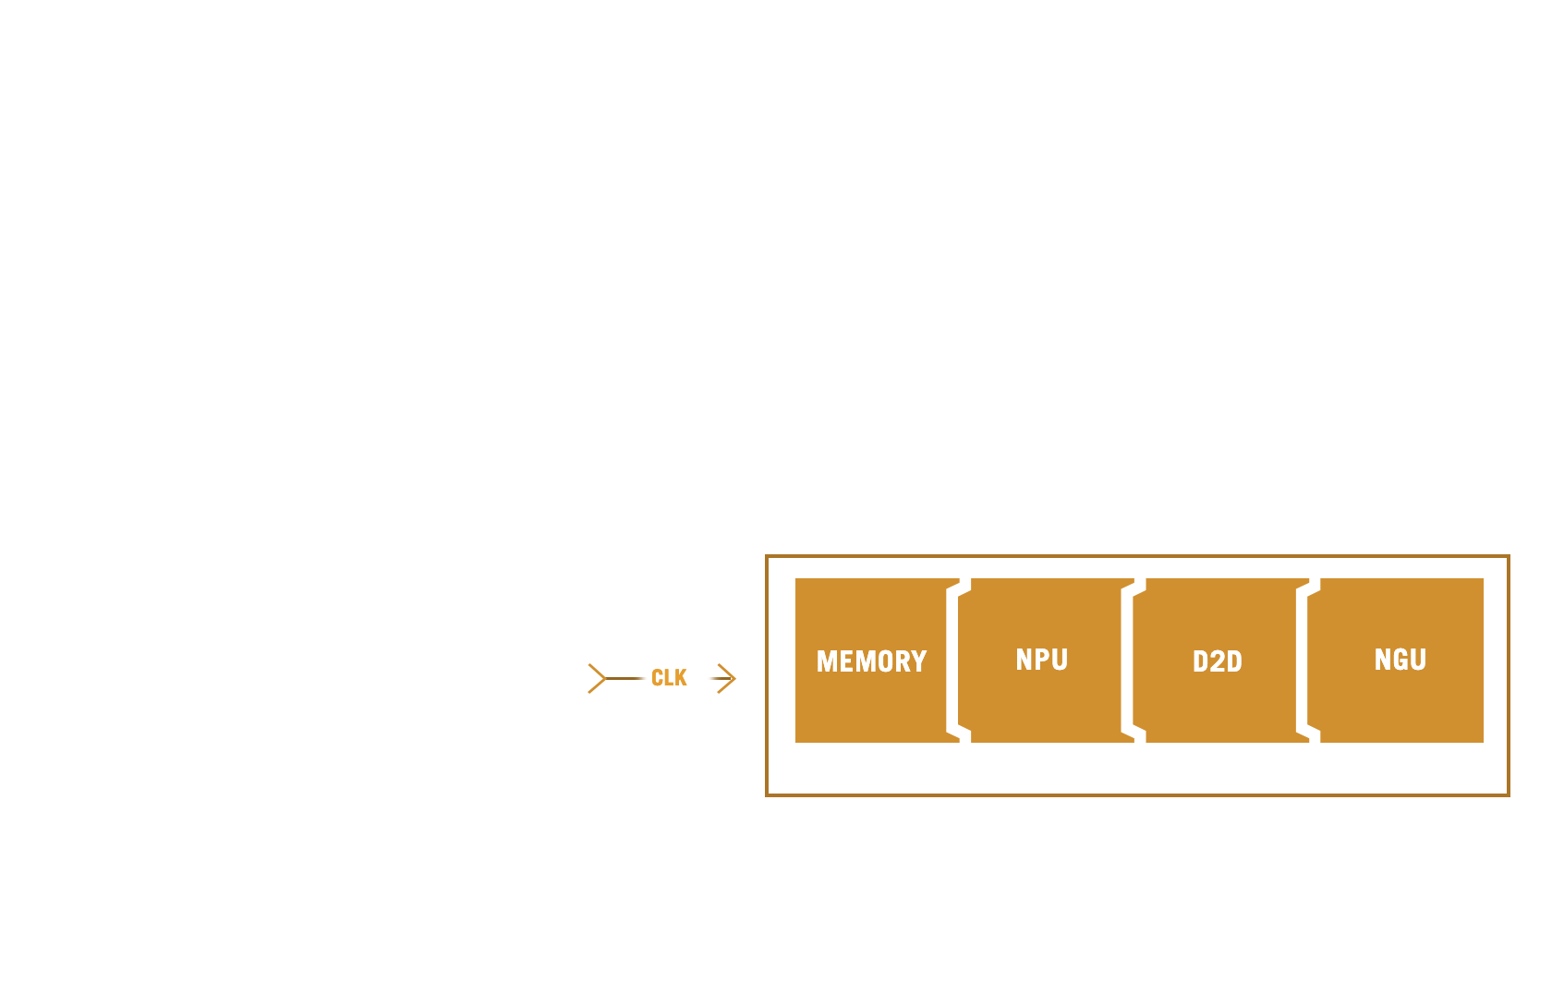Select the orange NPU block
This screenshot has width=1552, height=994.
(x=1046, y=661)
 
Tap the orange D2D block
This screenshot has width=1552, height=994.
(x=1221, y=661)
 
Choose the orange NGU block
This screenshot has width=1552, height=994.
(x=1395, y=661)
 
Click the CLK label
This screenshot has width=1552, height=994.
(x=669, y=677)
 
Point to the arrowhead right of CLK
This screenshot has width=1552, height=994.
(x=726, y=678)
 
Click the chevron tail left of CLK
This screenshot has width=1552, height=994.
(x=597, y=678)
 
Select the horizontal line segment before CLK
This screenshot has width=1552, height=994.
(x=624, y=678)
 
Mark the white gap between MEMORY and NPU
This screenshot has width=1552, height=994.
(x=952, y=661)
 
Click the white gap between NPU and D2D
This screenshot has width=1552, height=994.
(x=1127, y=661)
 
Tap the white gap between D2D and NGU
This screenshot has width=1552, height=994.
(x=1302, y=661)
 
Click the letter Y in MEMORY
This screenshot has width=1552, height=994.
(x=919, y=661)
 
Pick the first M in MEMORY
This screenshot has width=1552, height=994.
(x=828, y=661)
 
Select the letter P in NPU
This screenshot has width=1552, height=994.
(x=1043, y=659)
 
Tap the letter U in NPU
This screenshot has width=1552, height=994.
(x=1061, y=660)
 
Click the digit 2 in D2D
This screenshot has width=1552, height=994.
(x=1218, y=661)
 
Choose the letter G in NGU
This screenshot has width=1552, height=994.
(x=1400, y=659)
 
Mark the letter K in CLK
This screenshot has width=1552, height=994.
(x=680, y=677)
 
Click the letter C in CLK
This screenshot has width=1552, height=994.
(x=657, y=677)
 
